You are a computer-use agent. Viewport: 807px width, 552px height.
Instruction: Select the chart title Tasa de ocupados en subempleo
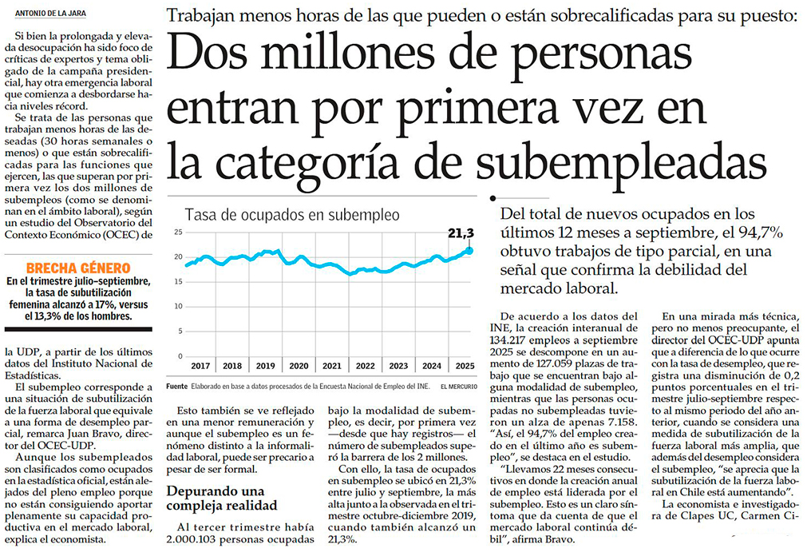292,215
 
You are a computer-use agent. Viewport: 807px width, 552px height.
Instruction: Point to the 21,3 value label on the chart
461,234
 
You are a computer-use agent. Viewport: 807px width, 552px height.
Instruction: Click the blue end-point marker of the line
470,251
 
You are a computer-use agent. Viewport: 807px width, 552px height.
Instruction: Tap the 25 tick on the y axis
179,232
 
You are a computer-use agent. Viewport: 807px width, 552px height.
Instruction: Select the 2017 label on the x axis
200,365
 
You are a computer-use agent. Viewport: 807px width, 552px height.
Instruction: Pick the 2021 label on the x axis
331,365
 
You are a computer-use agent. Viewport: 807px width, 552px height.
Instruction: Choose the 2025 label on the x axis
465,365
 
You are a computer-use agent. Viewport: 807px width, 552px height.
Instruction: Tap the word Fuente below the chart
177,385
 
